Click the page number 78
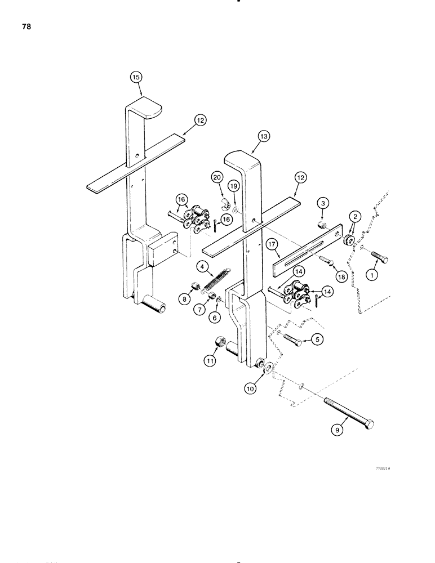coord(24,25)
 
